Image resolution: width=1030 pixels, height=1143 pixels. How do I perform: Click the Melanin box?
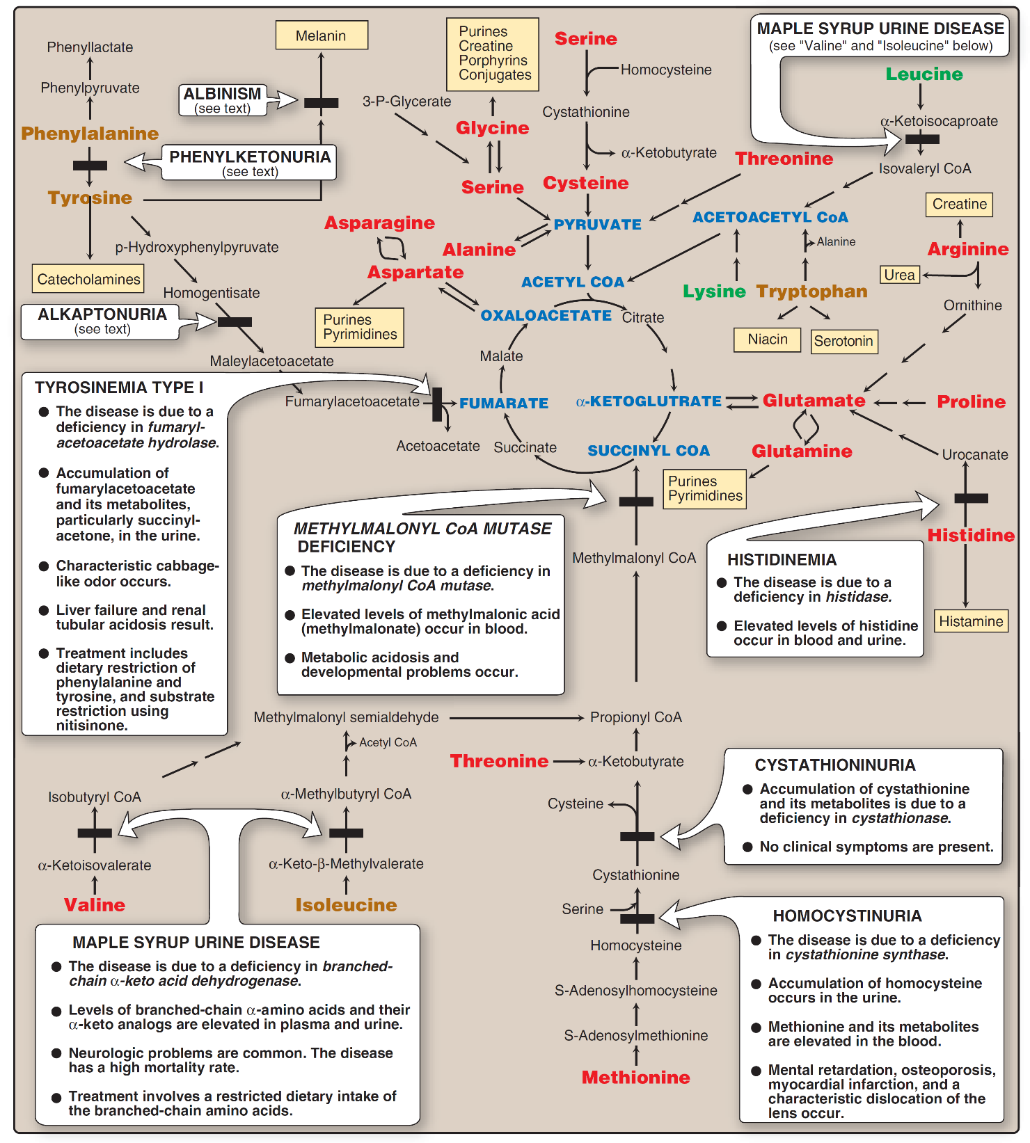(321, 35)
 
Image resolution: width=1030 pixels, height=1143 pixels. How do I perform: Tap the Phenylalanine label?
(90, 134)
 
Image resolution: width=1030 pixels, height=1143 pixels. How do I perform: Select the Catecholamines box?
(88, 279)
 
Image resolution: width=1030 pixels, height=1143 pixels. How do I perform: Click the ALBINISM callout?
(223, 99)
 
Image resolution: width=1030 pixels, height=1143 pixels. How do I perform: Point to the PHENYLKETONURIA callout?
(250, 162)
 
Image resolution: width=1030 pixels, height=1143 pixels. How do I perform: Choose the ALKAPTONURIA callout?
(102, 321)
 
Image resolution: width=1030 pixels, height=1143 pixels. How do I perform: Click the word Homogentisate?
(212, 293)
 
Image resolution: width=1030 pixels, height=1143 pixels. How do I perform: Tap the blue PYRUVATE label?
(598, 224)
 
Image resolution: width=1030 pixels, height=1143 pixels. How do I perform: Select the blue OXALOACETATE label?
(546, 315)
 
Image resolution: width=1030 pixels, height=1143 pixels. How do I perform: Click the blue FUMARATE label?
(504, 403)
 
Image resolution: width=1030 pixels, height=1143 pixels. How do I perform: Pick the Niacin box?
(768, 339)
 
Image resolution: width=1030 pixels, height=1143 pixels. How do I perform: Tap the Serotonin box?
(843, 341)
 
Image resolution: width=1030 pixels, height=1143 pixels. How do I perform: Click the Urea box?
(899, 275)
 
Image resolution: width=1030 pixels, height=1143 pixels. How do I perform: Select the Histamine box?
(971, 621)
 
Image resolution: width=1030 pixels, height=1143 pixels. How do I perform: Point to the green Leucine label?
(924, 74)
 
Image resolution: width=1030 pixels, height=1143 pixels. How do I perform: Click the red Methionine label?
(636, 1077)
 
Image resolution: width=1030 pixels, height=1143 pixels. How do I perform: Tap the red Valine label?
(95, 904)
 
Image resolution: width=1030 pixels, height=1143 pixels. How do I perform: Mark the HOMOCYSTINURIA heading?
(847, 916)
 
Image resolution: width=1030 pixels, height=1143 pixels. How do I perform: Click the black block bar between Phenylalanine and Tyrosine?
(90, 165)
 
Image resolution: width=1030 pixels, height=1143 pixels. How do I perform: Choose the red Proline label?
(971, 401)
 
